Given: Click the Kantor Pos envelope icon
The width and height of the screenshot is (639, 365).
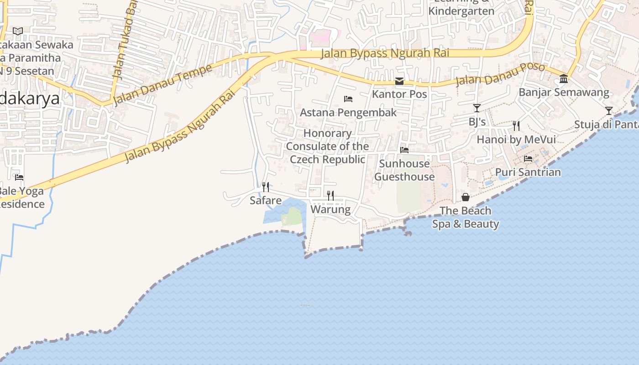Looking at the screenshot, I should pos(399,81).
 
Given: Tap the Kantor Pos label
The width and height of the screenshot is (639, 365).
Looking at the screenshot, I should pos(399,94).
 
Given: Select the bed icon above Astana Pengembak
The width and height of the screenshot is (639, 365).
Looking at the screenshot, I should pos(348,99).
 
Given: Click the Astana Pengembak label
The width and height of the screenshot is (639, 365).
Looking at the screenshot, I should pos(348,113).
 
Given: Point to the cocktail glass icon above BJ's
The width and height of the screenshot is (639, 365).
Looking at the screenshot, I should pos(477,108).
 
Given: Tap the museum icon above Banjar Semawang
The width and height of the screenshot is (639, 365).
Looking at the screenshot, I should pos(564,79).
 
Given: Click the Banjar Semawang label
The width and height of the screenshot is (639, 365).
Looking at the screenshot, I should pos(564,93).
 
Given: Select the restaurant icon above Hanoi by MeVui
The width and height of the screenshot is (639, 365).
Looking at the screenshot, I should pos(516,125).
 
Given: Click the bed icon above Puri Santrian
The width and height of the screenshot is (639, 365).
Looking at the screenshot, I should pos(528,159).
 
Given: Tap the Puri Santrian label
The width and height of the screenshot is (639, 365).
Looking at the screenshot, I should pos(528,172).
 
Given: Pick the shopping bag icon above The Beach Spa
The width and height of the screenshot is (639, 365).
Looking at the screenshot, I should pos(466,197).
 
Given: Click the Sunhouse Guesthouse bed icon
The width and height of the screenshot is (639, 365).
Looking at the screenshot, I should pos(404,150).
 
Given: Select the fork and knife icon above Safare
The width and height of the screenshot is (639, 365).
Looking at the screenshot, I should pos(265,187).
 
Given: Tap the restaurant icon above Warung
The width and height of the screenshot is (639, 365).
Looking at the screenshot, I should pos(330,196).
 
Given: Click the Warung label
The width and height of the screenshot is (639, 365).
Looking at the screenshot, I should pos(330,210).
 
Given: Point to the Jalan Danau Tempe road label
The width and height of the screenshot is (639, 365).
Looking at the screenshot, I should pos(162,84).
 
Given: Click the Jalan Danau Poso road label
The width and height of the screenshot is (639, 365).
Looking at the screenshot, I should pos(500,74).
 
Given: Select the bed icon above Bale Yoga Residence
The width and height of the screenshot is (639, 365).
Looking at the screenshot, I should pos(19,177).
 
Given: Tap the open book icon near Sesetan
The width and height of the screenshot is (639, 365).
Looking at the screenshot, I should pos(18,31).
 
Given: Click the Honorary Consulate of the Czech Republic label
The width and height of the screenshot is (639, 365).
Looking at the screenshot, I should pos(328,146).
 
